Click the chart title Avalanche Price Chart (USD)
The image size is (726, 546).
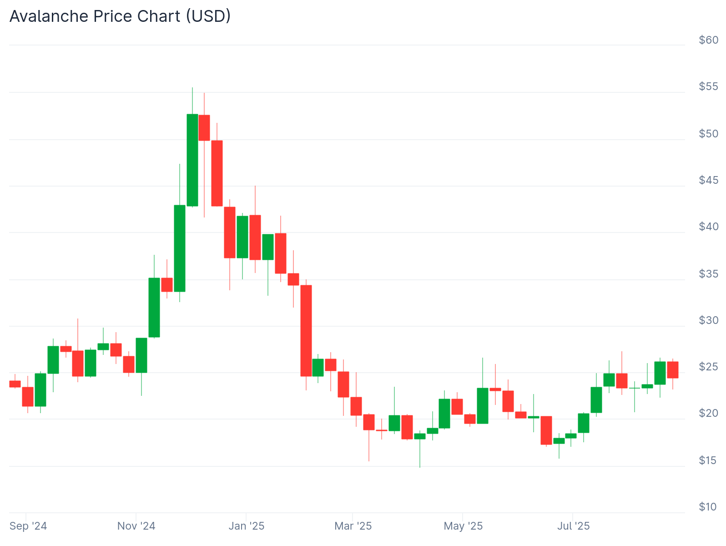(x=120, y=16)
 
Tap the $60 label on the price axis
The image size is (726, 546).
(x=708, y=40)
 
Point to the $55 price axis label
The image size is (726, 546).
(x=708, y=86)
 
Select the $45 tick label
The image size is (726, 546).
(x=708, y=180)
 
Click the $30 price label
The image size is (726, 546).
(x=708, y=320)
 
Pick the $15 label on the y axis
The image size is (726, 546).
(x=708, y=460)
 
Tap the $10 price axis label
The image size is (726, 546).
(x=708, y=507)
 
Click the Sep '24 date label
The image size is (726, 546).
(x=28, y=526)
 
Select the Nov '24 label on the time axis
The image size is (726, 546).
(x=136, y=526)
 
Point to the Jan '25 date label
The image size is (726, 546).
(x=246, y=526)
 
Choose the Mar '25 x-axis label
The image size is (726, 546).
(x=353, y=526)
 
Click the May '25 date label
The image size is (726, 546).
(x=463, y=526)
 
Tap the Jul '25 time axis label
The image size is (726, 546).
(x=573, y=526)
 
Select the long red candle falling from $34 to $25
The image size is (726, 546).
(x=306, y=331)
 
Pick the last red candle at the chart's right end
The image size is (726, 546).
(x=673, y=370)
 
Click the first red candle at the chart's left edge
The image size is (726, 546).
(x=15, y=384)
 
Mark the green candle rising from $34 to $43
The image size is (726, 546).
(x=180, y=248)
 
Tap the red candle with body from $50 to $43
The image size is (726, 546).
(x=217, y=173)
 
